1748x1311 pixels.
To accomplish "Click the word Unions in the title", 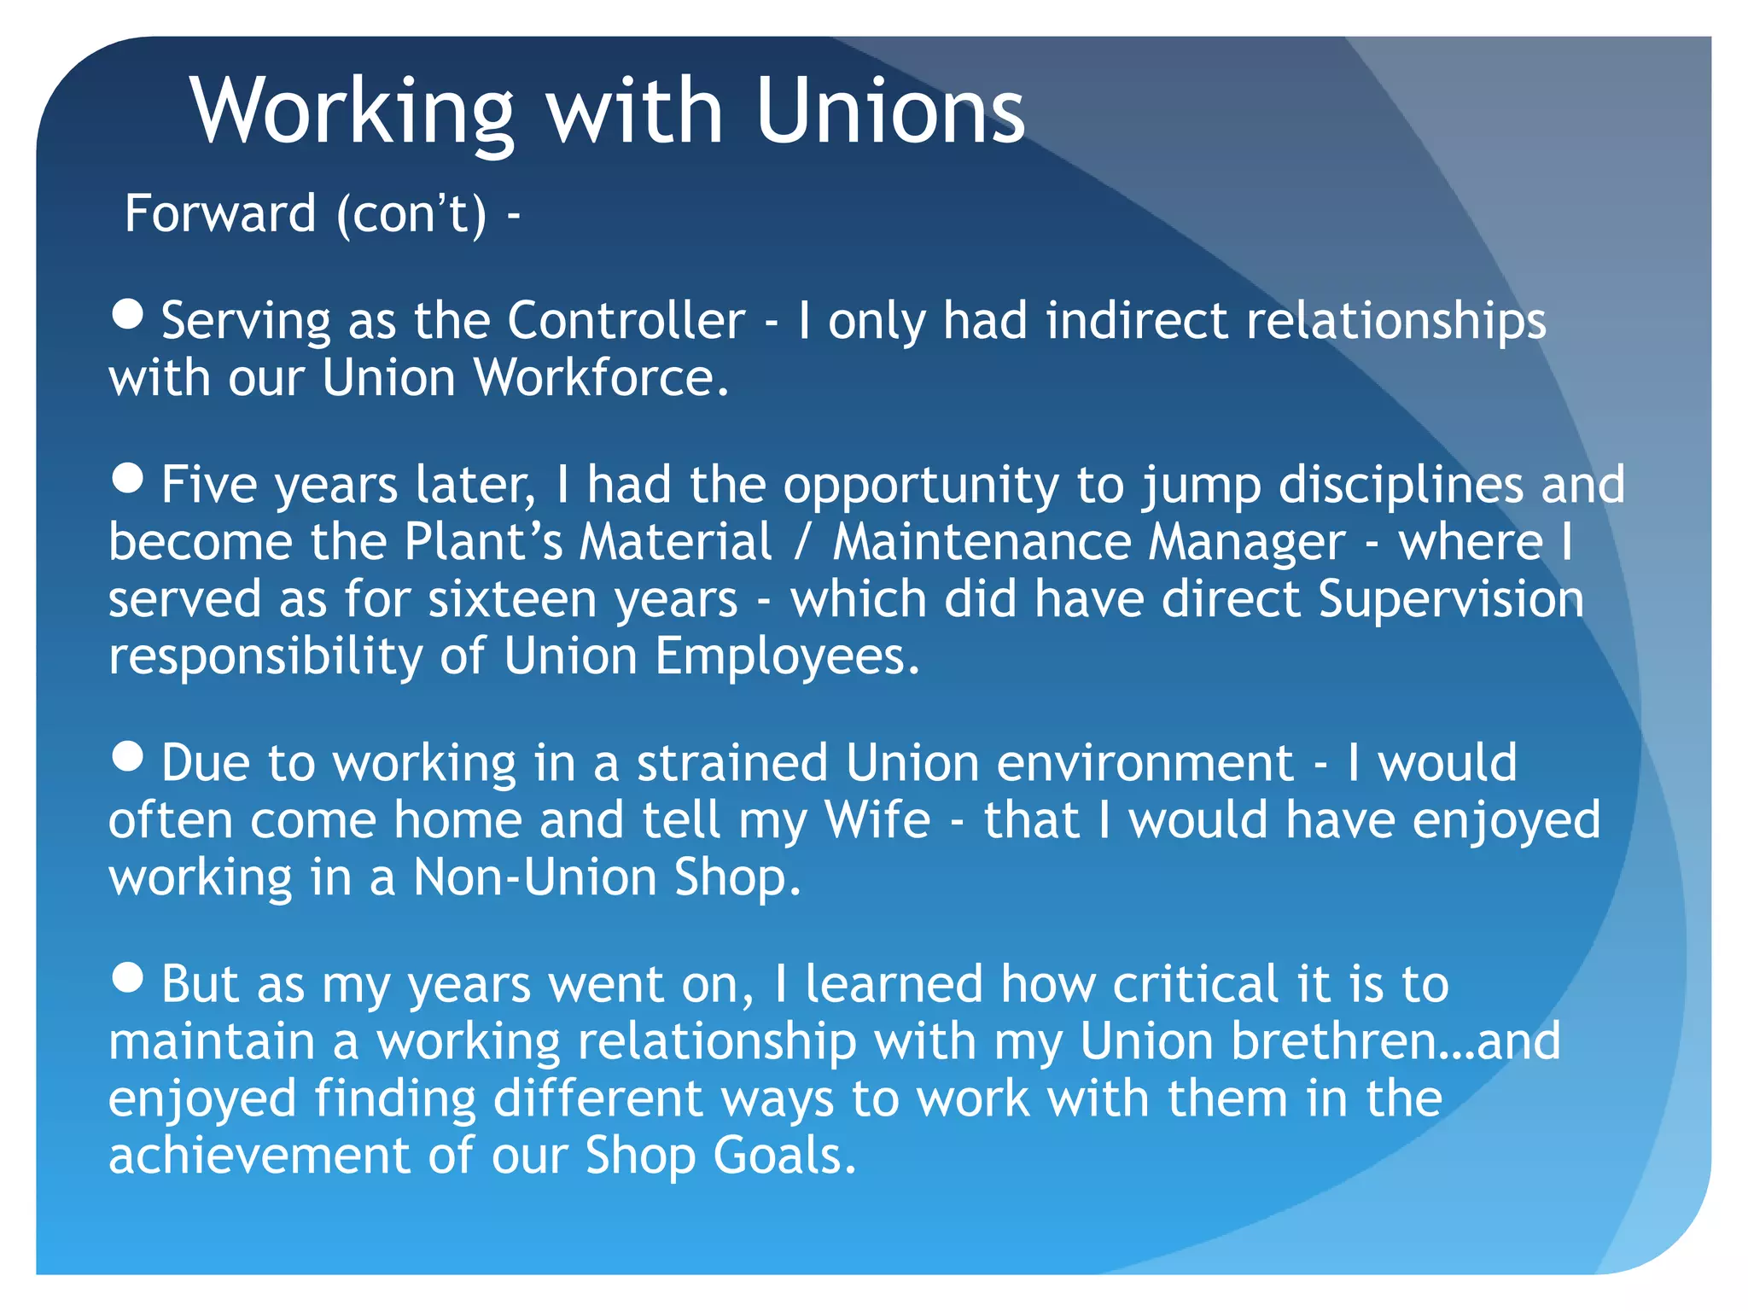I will click(889, 111).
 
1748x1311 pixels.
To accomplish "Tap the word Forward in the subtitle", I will click(220, 213).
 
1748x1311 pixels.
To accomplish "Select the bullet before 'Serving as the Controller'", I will click(128, 314).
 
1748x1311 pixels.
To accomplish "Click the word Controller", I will click(626, 321).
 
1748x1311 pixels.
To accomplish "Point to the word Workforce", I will click(601, 378).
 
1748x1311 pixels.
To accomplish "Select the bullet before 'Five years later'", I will click(128, 478).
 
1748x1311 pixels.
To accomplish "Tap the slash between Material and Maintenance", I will click(801, 543).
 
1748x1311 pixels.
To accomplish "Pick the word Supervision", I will click(1451, 599).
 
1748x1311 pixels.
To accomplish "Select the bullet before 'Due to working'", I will click(128, 756).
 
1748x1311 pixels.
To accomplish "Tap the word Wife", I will click(877, 820).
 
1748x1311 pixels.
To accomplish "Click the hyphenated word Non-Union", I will click(535, 877).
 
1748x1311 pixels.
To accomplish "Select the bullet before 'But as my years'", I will click(128, 978).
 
